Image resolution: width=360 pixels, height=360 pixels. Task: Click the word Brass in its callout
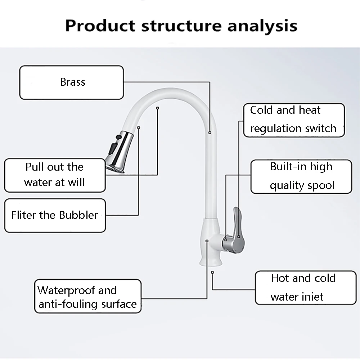(73, 82)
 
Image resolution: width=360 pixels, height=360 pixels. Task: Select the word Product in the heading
(100, 26)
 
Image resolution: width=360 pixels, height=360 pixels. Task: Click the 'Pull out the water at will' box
(55, 175)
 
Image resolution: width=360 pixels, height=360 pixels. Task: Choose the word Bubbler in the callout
(79, 215)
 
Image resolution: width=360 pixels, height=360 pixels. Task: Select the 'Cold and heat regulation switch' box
(294, 120)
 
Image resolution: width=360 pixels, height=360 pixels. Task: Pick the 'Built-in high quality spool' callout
(301, 176)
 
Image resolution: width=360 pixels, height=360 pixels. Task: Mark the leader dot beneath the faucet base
(213, 273)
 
